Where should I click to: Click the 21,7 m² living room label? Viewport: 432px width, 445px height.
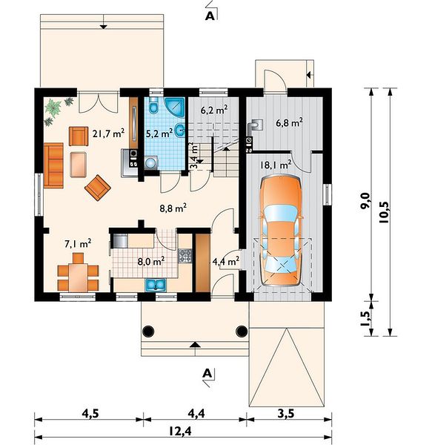tap(108, 133)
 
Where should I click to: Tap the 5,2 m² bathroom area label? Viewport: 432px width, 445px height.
tap(159, 133)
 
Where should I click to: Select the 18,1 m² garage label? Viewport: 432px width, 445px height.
tap(276, 165)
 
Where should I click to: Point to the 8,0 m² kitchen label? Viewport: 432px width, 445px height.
tap(151, 261)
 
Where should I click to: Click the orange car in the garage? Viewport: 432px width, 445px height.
tap(281, 231)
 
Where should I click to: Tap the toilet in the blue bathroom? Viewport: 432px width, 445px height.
tap(153, 105)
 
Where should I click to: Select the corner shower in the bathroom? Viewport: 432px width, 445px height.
tap(175, 108)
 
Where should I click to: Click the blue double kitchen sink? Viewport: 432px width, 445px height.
tap(156, 285)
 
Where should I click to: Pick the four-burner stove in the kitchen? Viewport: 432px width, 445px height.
tap(185, 256)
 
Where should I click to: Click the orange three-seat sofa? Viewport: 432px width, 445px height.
tap(53, 165)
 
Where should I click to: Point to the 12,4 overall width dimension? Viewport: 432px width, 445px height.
tap(181, 432)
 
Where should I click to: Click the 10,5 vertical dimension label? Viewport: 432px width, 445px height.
tap(385, 213)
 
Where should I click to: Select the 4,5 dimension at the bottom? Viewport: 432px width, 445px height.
tap(90, 414)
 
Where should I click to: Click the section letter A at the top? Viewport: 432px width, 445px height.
tap(210, 16)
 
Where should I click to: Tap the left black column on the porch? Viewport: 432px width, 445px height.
tap(148, 331)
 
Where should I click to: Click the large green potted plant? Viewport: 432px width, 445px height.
tap(53, 107)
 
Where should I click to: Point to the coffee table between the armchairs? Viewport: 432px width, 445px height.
tap(78, 165)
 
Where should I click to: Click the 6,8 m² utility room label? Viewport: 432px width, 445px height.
tap(289, 122)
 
